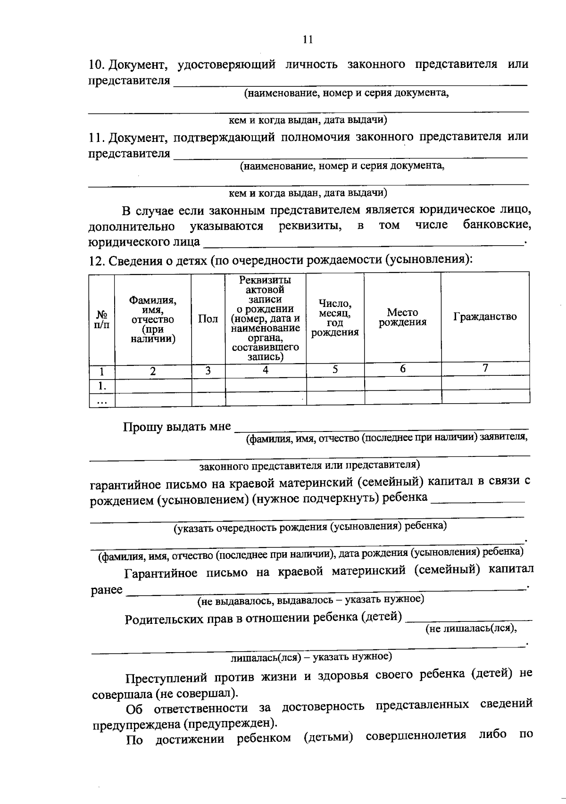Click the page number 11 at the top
coord(308,40)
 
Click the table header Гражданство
coord(485,317)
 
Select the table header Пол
coord(208,319)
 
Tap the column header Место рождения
coord(402,317)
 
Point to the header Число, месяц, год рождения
coord(335,318)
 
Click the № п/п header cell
coord(102,319)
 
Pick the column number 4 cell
coord(266,371)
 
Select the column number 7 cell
coord(485,368)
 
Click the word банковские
coord(497,225)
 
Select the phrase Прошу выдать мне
coord(177,427)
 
